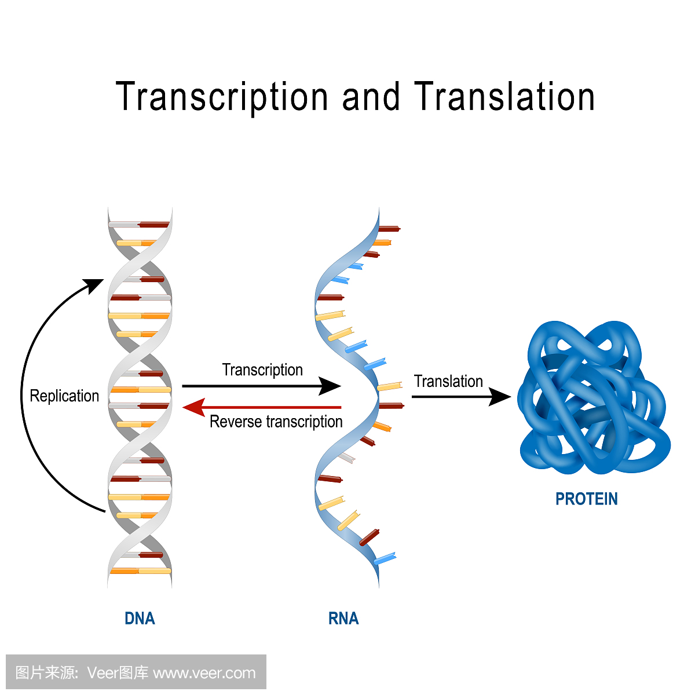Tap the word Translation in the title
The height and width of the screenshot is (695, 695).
(x=504, y=97)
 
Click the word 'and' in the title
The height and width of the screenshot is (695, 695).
(x=371, y=97)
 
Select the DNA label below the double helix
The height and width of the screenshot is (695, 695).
(x=140, y=619)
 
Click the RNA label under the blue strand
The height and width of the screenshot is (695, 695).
(x=343, y=619)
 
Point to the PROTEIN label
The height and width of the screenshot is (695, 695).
(x=586, y=499)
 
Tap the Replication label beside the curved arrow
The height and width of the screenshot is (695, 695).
(x=64, y=396)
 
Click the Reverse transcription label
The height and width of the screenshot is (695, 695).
(x=276, y=422)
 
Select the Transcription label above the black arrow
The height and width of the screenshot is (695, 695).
(x=262, y=370)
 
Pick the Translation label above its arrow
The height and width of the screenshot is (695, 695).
(x=448, y=382)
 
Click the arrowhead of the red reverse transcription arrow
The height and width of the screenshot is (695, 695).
(x=193, y=407)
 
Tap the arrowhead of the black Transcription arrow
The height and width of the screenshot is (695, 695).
(x=331, y=386)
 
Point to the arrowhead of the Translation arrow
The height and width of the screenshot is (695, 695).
(x=500, y=397)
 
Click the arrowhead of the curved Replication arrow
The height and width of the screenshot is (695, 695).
(x=94, y=285)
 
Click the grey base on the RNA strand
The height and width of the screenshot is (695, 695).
(x=346, y=458)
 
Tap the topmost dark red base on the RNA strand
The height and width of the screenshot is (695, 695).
(x=389, y=229)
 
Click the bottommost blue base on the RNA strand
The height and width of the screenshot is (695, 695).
(x=385, y=559)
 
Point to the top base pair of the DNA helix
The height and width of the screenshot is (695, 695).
(x=140, y=224)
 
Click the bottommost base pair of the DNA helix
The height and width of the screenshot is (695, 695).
(x=140, y=571)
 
